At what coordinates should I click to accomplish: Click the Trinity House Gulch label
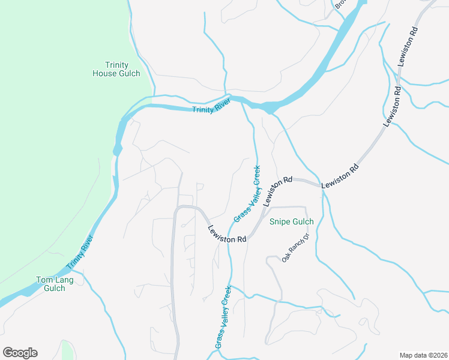click(x=116, y=69)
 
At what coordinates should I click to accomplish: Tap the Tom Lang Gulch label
click(x=50, y=284)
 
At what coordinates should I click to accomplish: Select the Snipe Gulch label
click(x=291, y=221)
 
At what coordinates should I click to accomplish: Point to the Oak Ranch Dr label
click(x=295, y=247)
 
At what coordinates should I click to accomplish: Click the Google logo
click(x=20, y=353)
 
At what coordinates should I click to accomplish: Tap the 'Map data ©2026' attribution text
click(x=423, y=355)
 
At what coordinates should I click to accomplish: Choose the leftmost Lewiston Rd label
click(x=228, y=234)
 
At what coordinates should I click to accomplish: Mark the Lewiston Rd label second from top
click(x=393, y=106)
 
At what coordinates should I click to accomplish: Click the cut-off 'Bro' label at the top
click(x=340, y=4)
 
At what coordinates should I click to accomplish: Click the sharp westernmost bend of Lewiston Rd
click(x=176, y=210)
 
